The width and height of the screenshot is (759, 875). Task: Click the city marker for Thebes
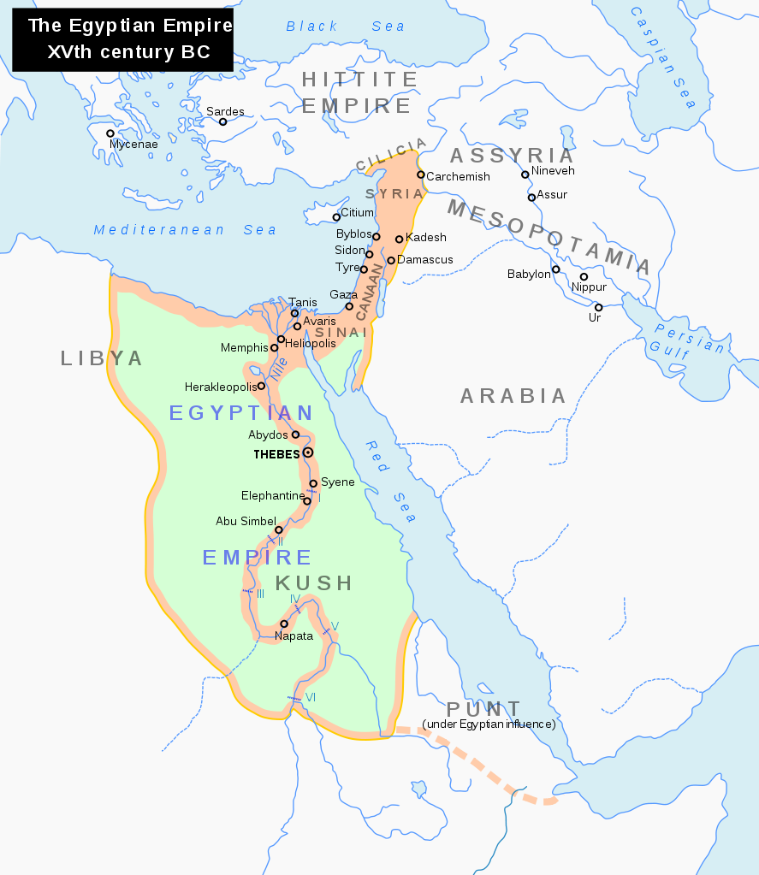pyautogui.click(x=308, y=452)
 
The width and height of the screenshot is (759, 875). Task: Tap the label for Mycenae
pyautogui.click(x=133, y=145)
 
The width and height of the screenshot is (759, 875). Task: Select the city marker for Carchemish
pyautogui.click(x=421, y=174)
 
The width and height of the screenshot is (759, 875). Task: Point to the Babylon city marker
pyautogui.click(x=555, y=269)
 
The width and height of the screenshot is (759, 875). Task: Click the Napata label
pyautogui.click(x=294, y=636)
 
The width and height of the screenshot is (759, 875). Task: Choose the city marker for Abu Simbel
pyautogui.click(x=278, y=529)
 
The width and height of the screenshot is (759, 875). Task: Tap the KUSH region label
pyautogui.click(x=314, y=583)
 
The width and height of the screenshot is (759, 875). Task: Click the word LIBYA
pyautogui.click(x=102, y=358)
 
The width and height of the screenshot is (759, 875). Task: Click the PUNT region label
pyautogui.click(x=483, y=709)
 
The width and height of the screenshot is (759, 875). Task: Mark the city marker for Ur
pyautogui.click(x=598, y=307)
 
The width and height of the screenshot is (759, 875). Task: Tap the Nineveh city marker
pyautogui.click(x=525, y=174)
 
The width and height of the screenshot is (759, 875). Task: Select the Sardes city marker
pyautogui.click(x=222, y=121)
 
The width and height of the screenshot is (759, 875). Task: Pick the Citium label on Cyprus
pyautogui.click(x=357, y=212)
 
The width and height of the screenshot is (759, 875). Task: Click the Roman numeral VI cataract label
pyautogui.click(x=310, y=697)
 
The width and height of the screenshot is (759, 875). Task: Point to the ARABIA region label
pyautogui.click(x=513, y=396)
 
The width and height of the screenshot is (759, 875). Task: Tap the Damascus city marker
pyautogui.click(x=391, y=260)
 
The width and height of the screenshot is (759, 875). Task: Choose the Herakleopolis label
pyautogui.click(x=220, y=387)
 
